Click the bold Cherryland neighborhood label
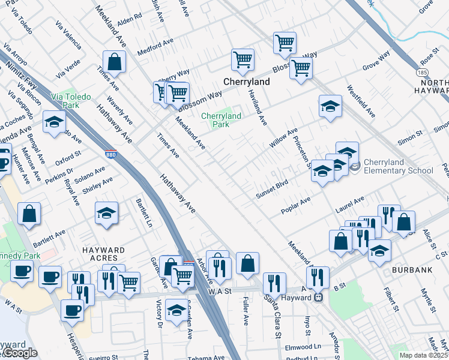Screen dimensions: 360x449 pyautogui.click(x=244, y=81)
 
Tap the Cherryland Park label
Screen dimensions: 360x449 pyautogui.click(x=221, y=120)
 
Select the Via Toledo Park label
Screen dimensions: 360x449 pyautogui.click(x=65, y=100)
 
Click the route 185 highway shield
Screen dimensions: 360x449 pyautogui.click(x=423, y=71)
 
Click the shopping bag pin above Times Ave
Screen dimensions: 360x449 pyautogui.click(x=114, y=61)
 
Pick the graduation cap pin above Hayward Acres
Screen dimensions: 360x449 pyautogui.click(x=106, y=213)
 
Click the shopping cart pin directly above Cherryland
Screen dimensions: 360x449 pyautogui.click(x=243, y=59)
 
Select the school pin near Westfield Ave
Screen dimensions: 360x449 pyautogui.click(x=330, y=106)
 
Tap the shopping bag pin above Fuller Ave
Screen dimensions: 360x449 pyautogui.click(x=247, y=263)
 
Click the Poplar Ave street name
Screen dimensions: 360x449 pyautogui.click(x=296, y=205)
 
